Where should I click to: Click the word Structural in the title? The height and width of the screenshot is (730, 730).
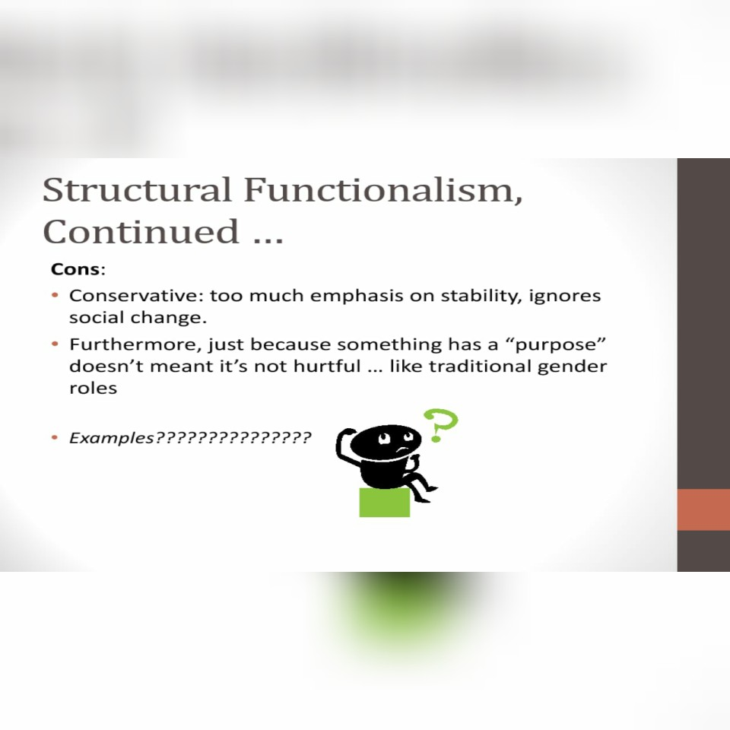(x=137, y=190)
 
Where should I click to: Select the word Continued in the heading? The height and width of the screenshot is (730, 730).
(x=140, y=231)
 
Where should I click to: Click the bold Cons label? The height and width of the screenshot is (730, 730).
(x=75, y=269)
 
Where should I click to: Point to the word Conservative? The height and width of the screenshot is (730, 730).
(x=132, y=295)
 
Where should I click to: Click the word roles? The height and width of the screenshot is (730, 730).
(x=93, y=388)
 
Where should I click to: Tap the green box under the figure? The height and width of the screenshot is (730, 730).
(x=384, y=503)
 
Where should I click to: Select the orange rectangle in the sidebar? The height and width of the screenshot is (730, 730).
(x=703, y=509)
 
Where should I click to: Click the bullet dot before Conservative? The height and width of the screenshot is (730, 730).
(x=55, y=295)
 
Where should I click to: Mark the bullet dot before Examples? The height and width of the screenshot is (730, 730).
(x=55, y=438)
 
